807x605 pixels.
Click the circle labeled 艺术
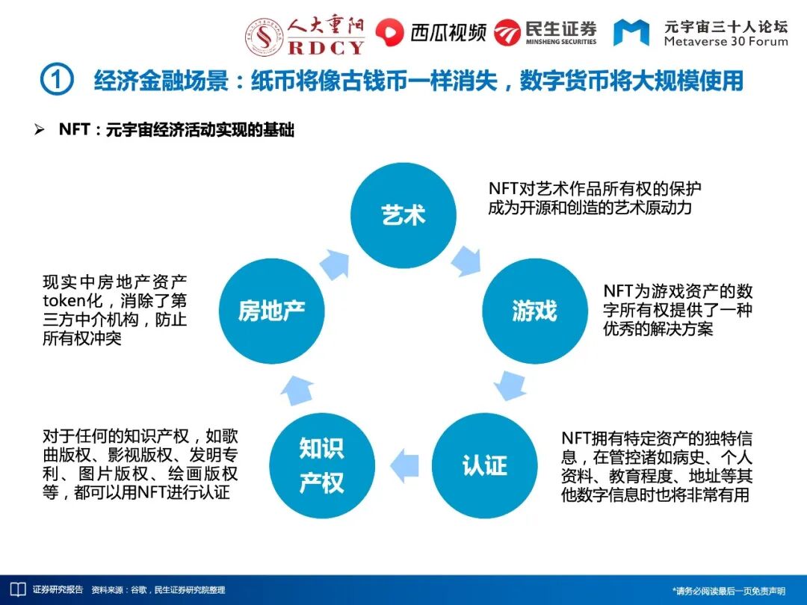coord(403,215)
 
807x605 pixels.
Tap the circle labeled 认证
coord(484,465)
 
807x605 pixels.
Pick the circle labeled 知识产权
coord(321,465)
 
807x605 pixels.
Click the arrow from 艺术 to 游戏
coord(466,259)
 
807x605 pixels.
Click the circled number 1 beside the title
coord(56,80)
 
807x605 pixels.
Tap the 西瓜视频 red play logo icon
coord(389,32)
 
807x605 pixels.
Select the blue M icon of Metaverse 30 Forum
coord(631,32)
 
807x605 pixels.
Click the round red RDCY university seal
coord(263,35)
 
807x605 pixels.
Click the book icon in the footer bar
coord(17,589)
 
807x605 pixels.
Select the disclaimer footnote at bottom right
coord(729,591)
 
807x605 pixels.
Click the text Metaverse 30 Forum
coord(726,42)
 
